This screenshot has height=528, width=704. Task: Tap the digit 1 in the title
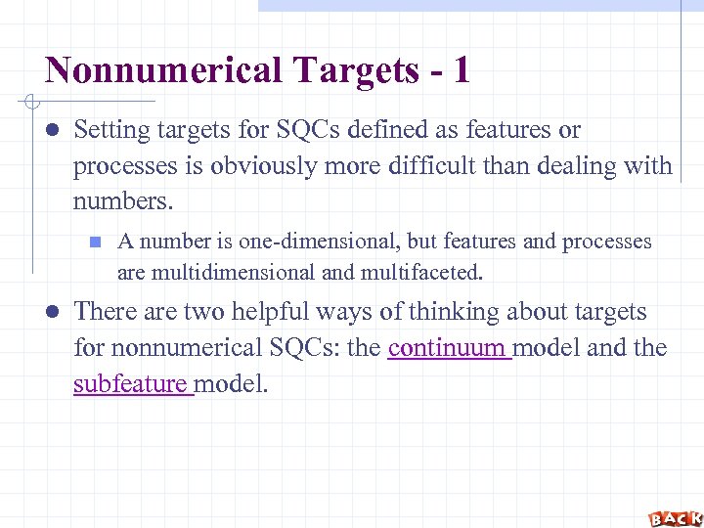pos(461,70)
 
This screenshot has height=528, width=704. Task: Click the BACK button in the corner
pos(675,517)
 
